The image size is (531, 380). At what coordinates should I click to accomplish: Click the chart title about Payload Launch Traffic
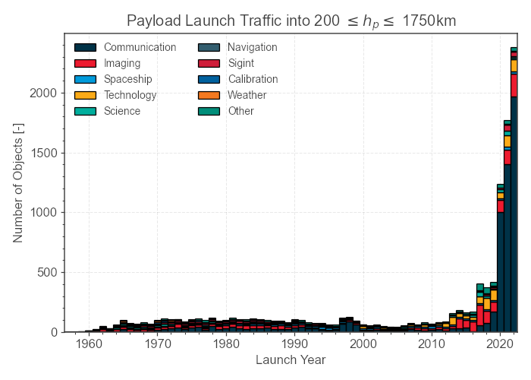(x=291, y=21)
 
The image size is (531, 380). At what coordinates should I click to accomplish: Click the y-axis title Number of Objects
(x=18, y=182)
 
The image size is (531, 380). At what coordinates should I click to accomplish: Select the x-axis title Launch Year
(x=291, y=359)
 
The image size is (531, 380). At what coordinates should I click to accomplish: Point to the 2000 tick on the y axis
(x=44, y=93)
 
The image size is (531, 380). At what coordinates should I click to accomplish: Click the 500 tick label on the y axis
(x=48, y=272)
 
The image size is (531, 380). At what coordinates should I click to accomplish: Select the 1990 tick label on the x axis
(x=295, y=344)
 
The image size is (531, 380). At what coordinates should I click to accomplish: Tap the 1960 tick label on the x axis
(x=90, y=344)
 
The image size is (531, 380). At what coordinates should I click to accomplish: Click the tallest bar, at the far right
(x=514, y=190)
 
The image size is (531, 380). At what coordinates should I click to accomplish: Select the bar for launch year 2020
(x=500, y=258)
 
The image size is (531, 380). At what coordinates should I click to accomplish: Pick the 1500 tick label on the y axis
(x=44, y=153)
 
